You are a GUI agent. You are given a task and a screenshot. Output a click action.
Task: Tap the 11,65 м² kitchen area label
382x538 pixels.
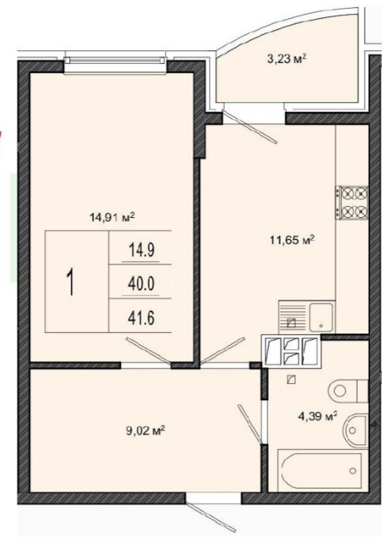292,239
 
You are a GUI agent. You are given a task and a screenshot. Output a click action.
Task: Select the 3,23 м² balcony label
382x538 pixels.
286,59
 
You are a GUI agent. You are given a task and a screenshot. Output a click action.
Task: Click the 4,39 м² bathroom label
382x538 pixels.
318,417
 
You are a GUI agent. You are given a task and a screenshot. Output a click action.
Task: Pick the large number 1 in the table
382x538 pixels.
71,282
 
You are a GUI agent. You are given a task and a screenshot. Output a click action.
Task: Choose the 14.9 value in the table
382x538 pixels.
141,250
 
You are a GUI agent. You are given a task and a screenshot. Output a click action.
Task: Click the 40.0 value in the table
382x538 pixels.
141,284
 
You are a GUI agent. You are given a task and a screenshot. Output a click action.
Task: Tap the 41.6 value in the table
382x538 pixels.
141,318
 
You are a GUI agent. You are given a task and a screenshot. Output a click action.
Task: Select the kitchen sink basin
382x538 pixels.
321,318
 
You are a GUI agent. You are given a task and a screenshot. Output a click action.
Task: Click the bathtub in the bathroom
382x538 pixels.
321,470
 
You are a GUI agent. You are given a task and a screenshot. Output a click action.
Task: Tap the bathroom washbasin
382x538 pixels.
356,430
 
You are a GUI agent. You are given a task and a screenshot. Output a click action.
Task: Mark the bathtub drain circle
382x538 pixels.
353,470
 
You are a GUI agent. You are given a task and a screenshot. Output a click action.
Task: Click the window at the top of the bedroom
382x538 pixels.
115,61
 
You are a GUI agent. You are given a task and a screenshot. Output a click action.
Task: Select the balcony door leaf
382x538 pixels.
250,127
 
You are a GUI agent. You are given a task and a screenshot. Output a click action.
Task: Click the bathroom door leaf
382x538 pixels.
250,424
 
